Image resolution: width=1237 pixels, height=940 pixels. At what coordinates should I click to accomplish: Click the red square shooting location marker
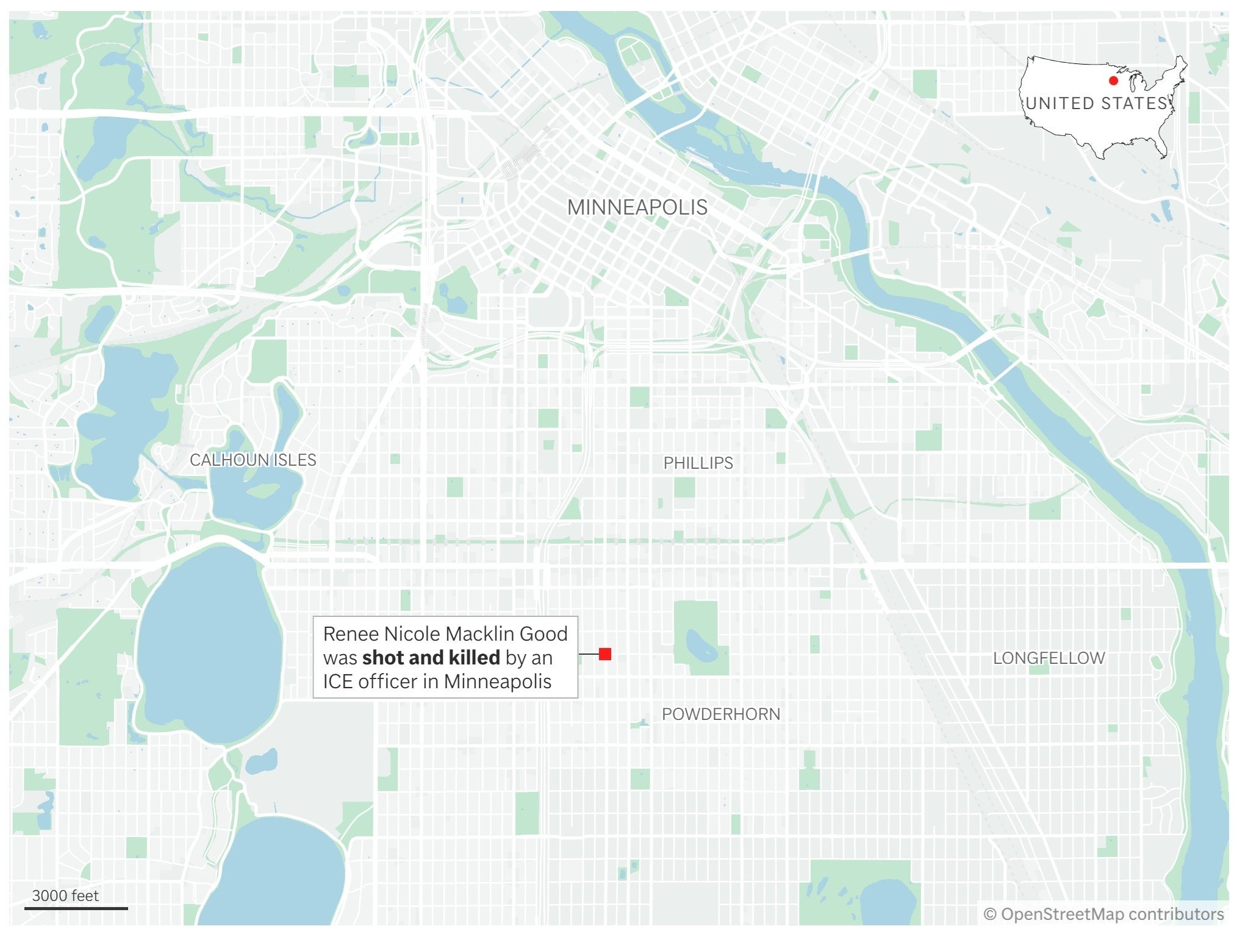pyautogui.click(x=604, y=654)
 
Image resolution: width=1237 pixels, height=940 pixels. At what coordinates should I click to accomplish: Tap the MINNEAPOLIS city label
pyautogui.click(x=637, y=207)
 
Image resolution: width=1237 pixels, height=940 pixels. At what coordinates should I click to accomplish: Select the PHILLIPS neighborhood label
pyautogui.click(x=698, y=463)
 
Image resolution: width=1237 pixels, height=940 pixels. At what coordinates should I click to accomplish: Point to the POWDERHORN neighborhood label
pyautogui.click(x=720, y=714)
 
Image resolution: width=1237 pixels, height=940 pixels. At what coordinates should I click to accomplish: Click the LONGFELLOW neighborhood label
pyautogui.click(x=1049, y=658)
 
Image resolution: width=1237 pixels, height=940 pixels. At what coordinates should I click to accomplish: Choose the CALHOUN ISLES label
pyautogui.click(x=253, y=460)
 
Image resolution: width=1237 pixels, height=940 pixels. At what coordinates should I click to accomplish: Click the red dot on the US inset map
pyautogui.click(x=1113, y=80)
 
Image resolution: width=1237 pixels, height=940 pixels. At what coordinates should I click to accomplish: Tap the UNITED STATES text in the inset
pyautogui.click(x=1096, y=103)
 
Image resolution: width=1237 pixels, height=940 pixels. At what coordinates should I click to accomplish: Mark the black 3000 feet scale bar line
pyautogui.click(x=76, y=908)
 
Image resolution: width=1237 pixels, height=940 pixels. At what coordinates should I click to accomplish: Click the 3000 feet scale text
pyautogui.click(x=65, y=895)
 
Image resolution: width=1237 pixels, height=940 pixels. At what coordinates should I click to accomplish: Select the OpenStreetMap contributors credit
pyautogui.click(x=1103, y=914)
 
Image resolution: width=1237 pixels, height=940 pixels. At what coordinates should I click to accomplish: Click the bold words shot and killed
pyautogui.click(x=431, y=658)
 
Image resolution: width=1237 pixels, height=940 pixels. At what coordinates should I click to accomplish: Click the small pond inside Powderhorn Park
pyautogui.click(x=701, y=647)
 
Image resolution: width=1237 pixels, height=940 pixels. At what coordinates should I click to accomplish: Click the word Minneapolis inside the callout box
pyautogui.click(x=497, y=682)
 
